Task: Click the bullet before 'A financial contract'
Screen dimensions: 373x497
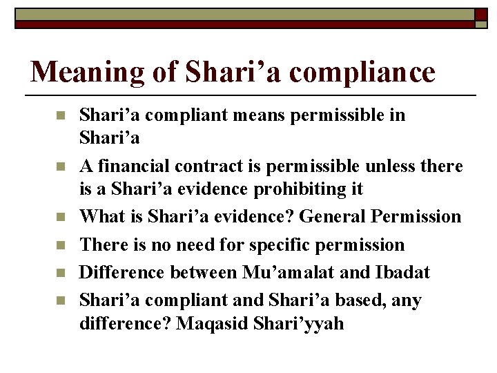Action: pos(60,166)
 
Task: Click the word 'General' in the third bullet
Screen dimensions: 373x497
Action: pos(331,217)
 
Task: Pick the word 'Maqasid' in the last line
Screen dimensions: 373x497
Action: pos(211,323)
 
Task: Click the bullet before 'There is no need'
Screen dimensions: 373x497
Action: pos(60,245)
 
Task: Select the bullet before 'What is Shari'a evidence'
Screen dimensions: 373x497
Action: pos(60,217)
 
